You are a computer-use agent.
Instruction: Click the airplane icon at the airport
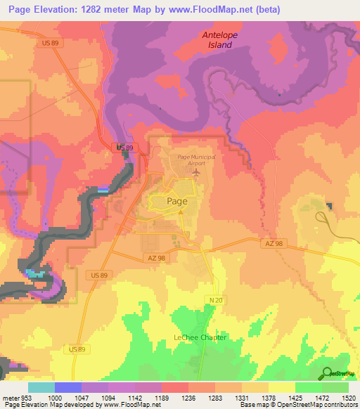coord(196,171)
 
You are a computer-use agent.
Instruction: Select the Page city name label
coord(177,200)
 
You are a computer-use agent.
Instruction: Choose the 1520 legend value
coord(347,397)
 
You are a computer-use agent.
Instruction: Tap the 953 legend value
coord(26,397)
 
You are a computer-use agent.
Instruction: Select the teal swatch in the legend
coord(41,387)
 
